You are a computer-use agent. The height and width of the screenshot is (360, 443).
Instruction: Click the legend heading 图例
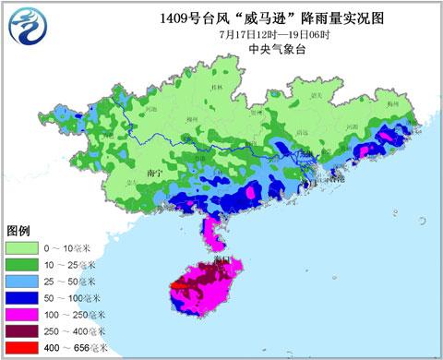click(x=19, y=230)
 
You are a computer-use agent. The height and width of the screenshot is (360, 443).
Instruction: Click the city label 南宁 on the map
click(x=155, y=173)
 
